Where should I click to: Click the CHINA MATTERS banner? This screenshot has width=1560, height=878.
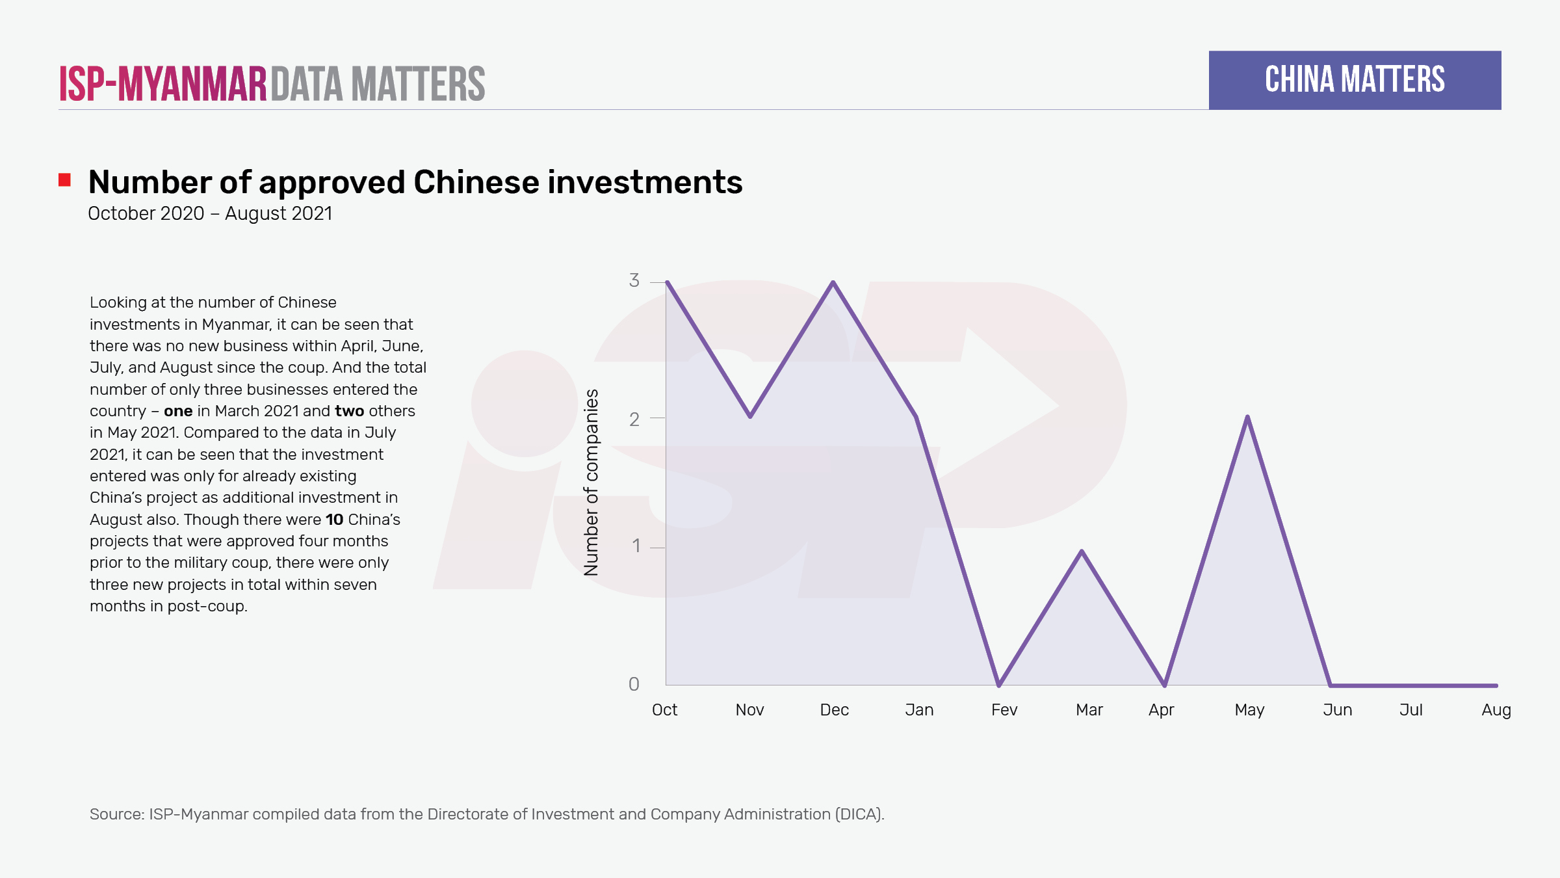click(x=1355, y=80)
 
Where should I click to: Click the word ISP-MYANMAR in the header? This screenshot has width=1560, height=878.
click(x=162, y=84)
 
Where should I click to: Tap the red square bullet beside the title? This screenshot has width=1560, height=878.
click(x=64, y=180)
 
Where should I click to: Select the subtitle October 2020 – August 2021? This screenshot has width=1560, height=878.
click(x=210, y=213)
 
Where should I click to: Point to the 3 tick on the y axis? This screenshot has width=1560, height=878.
click(x=634, y=280)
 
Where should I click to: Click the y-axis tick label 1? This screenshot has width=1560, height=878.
click(x=636, y=546)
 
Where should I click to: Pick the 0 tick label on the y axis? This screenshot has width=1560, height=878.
click(x=634, y=684)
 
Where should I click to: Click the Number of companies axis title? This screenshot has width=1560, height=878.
click(x=591, y=482)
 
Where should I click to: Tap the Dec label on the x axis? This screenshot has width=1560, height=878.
click(x=834, y=710)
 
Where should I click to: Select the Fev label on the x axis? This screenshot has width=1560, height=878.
click(x=1004, y=710)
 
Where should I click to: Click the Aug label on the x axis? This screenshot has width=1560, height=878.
click(x=1496, y=710)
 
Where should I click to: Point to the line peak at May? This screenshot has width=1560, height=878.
click(x=1247, y=417)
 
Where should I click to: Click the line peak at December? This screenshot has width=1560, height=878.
click(x=833, y=282)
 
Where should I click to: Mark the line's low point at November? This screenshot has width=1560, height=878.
click(x=750, y=416)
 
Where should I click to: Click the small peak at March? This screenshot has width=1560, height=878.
click(x=1082, y=552)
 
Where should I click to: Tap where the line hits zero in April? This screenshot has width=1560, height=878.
click(x=1164, y=685)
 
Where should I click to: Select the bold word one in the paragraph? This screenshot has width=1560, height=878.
click(x=178, y=411)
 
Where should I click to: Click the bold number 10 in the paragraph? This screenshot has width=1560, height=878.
click(x=334, y=520)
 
